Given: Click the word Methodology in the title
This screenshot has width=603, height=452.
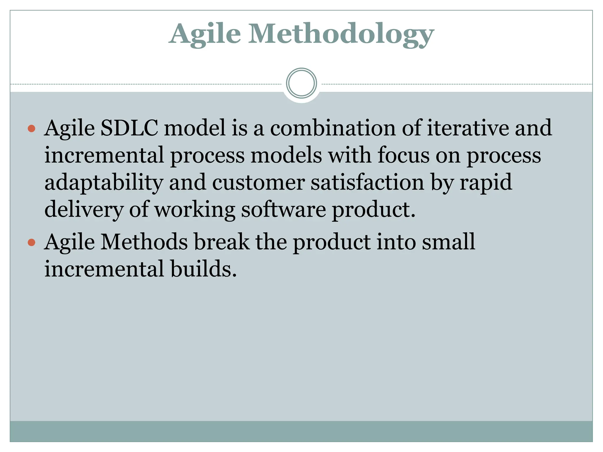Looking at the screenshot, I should [x=341, y=35].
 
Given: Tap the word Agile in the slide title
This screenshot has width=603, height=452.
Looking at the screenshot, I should [x=205, y=35].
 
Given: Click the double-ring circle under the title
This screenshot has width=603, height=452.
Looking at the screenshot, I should [x=301, y=83].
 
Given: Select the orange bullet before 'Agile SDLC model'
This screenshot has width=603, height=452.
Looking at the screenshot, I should [x=32, y=129].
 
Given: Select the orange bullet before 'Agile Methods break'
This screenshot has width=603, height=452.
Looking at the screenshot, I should [x=32, y=242].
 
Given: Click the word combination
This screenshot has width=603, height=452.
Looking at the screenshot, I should [x=333, y=128].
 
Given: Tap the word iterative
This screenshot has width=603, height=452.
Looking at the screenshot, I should [x=468, y=128].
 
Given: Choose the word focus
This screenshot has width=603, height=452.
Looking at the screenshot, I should [x=403, y=155].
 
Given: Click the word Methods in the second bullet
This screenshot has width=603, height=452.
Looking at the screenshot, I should [x=144, y=242].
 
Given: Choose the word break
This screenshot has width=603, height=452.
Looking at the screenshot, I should [x=221, y=242].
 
